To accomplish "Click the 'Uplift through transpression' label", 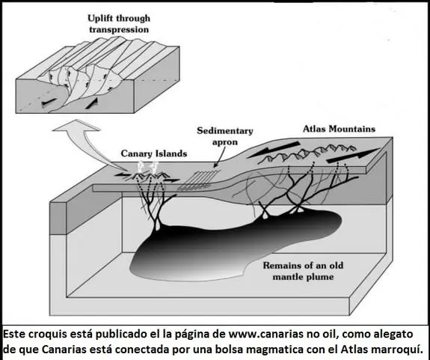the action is click(119, 24).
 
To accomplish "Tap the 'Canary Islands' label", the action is click(154, 153).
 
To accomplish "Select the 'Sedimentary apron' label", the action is click(225, 136).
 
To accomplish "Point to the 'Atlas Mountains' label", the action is click(339, 129).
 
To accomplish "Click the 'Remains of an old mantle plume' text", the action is click(304, 271).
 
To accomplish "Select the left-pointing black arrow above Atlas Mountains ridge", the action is click(274, 150).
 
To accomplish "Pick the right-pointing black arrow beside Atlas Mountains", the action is click(353, 156).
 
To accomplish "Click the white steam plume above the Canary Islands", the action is click(148, 167).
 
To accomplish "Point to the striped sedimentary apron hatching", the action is click(199, 180).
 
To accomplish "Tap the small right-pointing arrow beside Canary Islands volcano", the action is click(172, 180).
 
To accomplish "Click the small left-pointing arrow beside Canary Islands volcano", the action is click(123, 174).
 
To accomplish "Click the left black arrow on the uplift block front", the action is click(49, 102).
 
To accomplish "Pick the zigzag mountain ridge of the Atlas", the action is click(307, 153).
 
